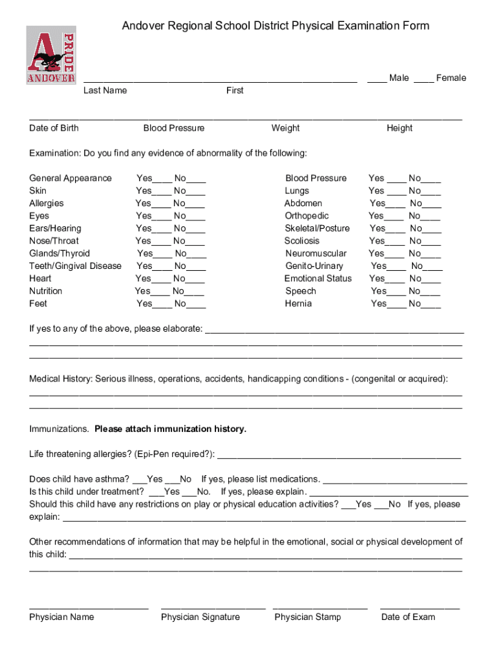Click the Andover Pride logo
pos(50,55)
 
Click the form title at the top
pos(276,26)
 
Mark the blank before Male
pos(377,79)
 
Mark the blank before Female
pos(424,79)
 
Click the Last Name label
pos(105,91)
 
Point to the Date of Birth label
pos(54,128)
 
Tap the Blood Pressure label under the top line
pos(173,128)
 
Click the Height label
pos(399,128)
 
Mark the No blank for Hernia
pos(431,305)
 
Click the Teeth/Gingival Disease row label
pos(75,266)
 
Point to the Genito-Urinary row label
pos(314,266)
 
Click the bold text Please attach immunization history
pos(170,429)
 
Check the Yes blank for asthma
pos(139,480)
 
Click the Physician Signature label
pos(200,617)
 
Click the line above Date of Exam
pos(420,608)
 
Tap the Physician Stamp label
pos(307,617)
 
